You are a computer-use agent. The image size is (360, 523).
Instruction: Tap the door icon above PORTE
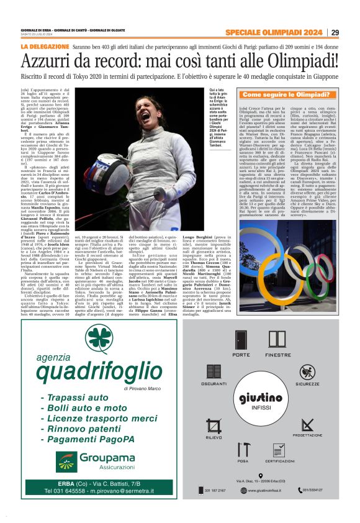(x=241, y=340)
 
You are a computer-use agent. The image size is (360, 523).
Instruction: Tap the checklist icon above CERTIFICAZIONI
(x=279, y=450)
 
